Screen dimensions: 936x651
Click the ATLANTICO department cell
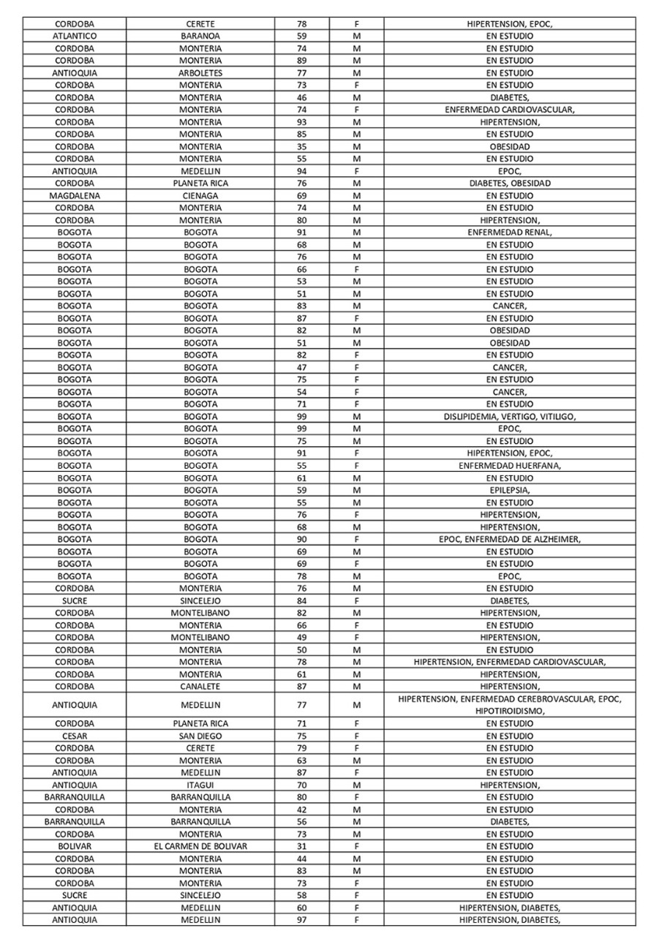pos(75,36)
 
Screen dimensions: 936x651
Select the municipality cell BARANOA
pos(200,36)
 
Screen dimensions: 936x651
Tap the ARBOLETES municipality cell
pos(200,73)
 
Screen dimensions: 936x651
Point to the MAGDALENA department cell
pos(75,196)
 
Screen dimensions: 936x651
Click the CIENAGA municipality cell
pos(200,196)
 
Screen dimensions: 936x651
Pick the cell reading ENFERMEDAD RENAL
pos(510,233)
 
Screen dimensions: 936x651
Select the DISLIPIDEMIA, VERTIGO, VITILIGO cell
pos(510,417)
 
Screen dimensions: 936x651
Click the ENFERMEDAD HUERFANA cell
pos(510,466)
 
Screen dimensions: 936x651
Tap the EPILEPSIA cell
pos(510,490)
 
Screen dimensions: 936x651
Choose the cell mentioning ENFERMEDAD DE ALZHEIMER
pos(510,540)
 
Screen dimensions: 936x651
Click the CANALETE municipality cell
pos(200,687)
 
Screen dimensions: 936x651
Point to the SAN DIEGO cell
pos(200,736)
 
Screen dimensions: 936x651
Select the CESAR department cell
pos(75,736)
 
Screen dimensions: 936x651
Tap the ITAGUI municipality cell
pos(200,785)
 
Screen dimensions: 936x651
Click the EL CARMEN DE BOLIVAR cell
pos(200,846)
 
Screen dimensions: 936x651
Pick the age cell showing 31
pos(301,846)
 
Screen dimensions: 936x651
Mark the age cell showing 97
pos(301,920)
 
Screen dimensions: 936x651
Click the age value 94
pos(301,171)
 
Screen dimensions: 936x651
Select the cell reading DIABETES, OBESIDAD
pos(510,184)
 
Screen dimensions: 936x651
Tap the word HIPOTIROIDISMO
pos(510,711)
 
